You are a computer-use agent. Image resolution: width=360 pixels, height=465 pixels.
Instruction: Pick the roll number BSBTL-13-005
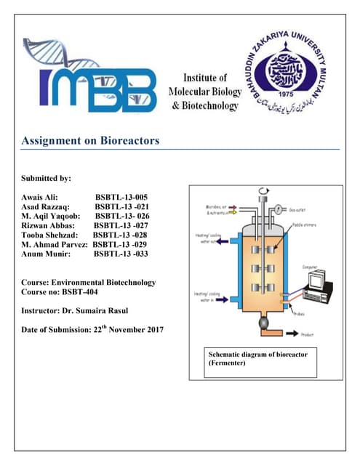[x=121, y=196]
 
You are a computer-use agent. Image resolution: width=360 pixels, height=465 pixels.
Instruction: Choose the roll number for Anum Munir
[x=121, y=254]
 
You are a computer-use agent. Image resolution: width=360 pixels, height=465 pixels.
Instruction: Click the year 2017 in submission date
[x=149, y=330]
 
